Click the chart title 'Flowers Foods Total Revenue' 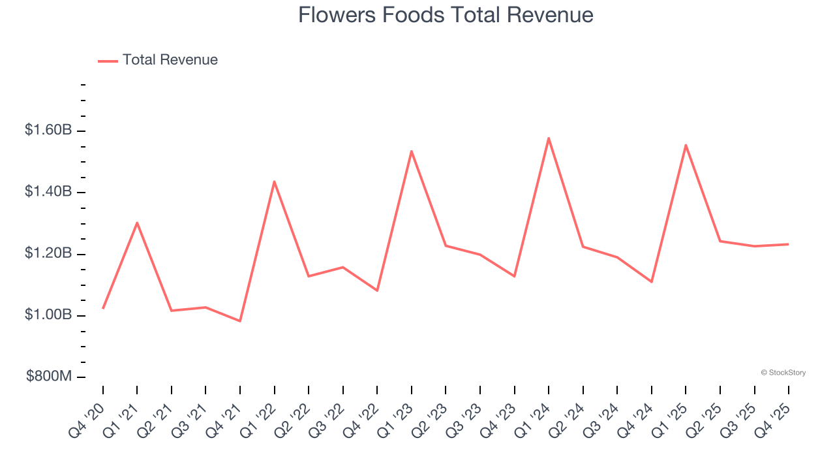coord(446,15)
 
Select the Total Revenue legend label coord(170,60)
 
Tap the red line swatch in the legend coord(108,61)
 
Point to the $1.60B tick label coord(48,131)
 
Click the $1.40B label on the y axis coord(48,192)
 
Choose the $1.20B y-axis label coord(48,253)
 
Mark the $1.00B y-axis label coord(48,315)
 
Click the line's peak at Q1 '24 coord(549,138)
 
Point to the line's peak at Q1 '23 coord(412,151)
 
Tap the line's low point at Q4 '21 coord(240,321)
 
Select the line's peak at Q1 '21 coord(137,223)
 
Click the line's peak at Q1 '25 coord(686,145)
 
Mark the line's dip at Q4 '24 coord(652,282)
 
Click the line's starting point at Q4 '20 coord(103,308)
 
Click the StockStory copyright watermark coord(783,373)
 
